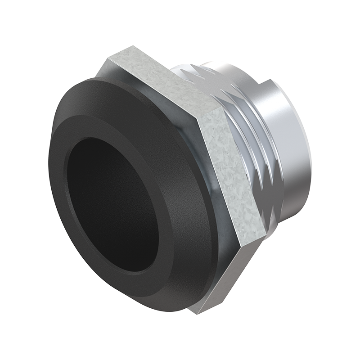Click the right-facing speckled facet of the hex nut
click(x=225, y=171)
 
